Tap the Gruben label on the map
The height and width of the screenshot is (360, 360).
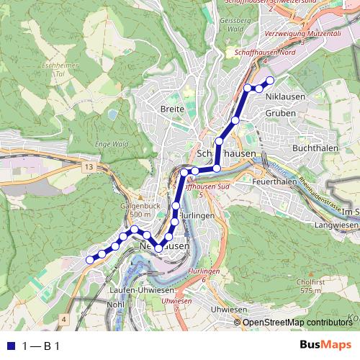[x=280, y=114]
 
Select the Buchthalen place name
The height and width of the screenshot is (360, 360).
[x=310, y=148]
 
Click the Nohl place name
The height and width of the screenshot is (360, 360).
[x=114, y=305]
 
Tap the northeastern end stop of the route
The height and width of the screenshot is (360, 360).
[x=271, y=80]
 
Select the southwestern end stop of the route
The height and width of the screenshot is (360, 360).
[x=90, y=259]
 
